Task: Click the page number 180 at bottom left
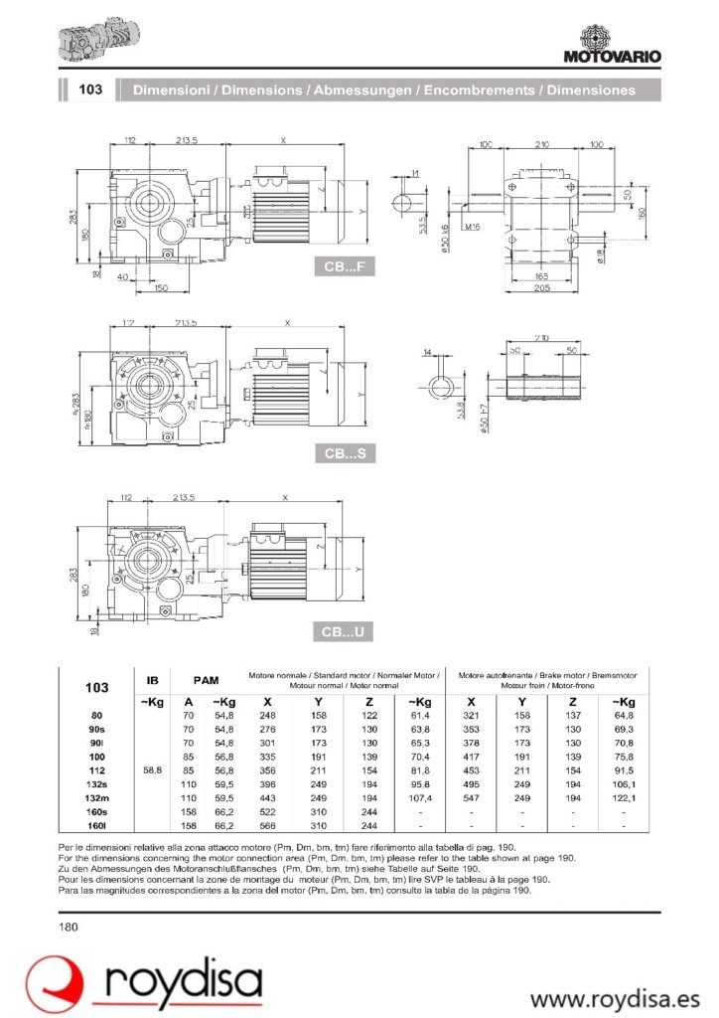69,927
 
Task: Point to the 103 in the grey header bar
90,89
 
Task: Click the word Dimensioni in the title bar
173,89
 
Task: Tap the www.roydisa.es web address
615,996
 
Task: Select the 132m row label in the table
97,798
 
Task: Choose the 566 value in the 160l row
267,825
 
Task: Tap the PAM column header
206,681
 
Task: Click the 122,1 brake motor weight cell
623,798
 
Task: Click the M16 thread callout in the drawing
471,228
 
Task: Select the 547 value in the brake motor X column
471,798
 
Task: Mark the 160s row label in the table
97,812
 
